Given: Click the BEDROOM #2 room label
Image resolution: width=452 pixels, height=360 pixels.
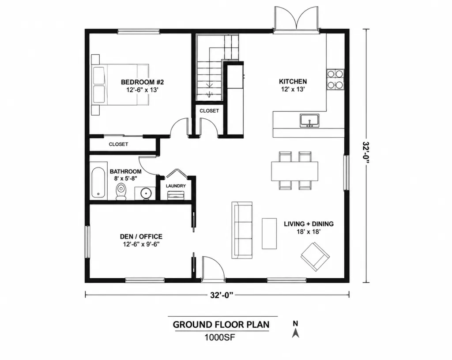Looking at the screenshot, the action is [142, 82].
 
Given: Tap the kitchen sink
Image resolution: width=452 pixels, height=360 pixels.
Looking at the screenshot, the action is [309, 121].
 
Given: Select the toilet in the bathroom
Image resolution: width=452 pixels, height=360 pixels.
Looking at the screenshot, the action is [121, 191].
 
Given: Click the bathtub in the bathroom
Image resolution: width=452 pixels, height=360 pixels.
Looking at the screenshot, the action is [98, 182].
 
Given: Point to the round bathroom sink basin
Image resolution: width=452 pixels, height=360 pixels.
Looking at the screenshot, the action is [145, 193].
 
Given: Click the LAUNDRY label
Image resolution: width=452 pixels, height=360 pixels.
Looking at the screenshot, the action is [176, 186].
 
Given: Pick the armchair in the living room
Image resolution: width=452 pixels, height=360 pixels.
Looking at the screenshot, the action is [315, 257].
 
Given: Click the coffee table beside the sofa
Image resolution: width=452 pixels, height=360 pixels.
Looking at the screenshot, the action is [269, 233].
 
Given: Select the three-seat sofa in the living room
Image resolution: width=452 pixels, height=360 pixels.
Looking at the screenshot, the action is [242, 230].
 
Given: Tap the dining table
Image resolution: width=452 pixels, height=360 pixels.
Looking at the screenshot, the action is [294, 171].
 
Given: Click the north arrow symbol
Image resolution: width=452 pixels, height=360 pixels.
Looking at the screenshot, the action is [295, 333].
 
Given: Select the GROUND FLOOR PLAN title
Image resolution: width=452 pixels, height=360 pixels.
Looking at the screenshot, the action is [221, 325].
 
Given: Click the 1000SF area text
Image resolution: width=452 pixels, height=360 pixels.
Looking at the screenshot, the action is [220, 337].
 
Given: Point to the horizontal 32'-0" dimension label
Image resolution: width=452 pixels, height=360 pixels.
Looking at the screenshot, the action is [222, 295].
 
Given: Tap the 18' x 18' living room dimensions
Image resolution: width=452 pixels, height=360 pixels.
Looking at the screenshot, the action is [309, 231].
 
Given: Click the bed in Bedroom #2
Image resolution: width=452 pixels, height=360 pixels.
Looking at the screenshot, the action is [120, 84].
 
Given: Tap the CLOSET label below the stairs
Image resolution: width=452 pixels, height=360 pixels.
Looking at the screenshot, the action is [209, 111].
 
